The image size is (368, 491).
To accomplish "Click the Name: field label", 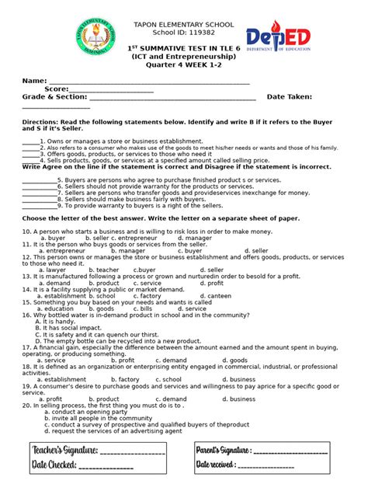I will (34, 81).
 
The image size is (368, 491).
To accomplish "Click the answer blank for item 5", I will (39, 179).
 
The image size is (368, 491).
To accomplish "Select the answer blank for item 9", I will (39, 206).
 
